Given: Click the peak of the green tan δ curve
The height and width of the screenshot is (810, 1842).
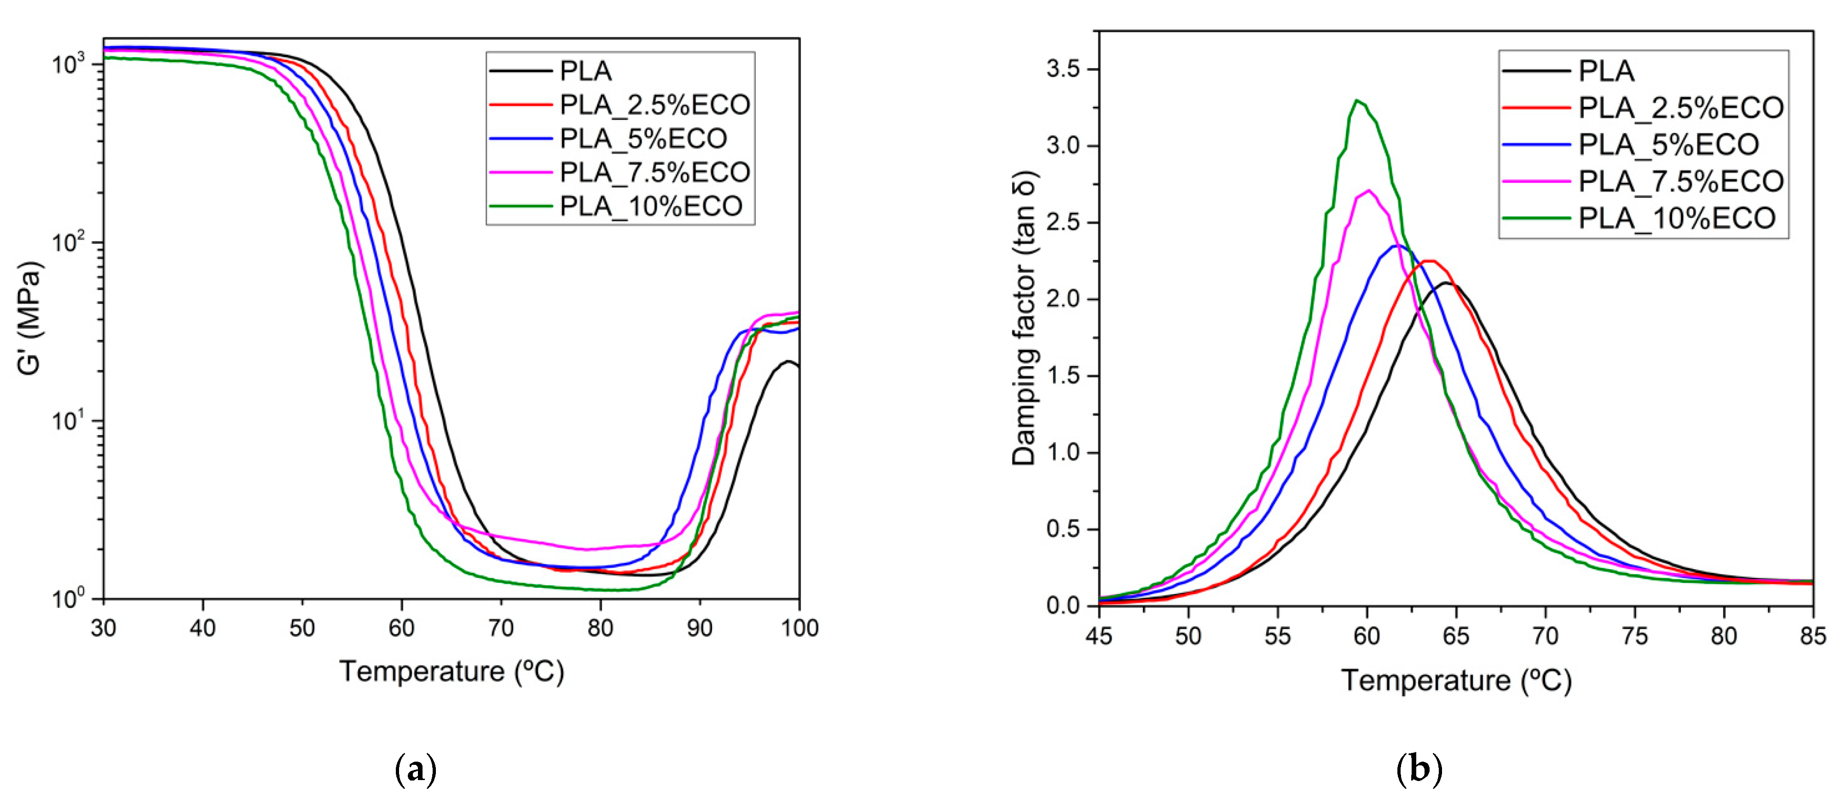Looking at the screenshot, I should pos(1356,101).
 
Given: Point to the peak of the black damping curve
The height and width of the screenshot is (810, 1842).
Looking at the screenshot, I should pos(1447,283).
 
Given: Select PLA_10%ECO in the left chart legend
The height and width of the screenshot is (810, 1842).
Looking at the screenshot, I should pos(651,206).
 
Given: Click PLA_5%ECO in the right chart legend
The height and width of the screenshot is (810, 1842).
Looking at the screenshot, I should pos(1668,145).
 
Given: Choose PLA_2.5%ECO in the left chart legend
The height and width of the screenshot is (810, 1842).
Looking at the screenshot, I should pos(655,105).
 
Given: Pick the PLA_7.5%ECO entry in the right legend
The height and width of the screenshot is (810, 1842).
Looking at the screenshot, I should pos(1680,181).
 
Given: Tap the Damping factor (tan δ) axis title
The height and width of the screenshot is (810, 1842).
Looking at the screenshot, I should pos(1024,318).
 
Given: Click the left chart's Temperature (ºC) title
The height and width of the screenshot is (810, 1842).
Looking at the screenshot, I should pos(451,671).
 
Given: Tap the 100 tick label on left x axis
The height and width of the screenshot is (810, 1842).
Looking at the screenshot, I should pos(799,628).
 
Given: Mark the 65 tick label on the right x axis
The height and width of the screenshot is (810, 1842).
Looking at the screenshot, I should pos(1456,635).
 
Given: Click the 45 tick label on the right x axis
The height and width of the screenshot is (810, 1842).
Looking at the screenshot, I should pos(1099,635).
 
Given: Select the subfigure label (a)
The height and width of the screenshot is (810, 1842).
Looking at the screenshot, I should pos(416,770).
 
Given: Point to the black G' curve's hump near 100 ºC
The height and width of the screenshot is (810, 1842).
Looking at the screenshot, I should pos(787,362).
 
